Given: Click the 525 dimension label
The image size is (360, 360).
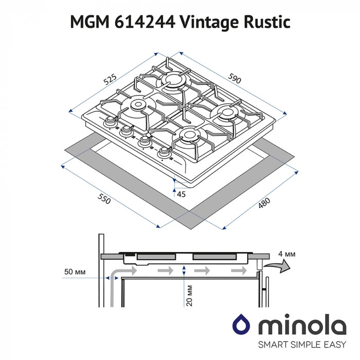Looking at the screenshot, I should point(110,80).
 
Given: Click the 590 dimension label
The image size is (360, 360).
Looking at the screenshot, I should point(235,80).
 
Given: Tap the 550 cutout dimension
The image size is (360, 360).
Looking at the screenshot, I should point(103,201).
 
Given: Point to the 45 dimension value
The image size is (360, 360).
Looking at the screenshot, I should point(181,194).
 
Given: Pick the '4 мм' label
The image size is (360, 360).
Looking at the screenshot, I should point(289,254).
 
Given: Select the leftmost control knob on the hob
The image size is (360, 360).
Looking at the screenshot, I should point(110,122).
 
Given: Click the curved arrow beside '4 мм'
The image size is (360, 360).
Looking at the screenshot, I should point(278,265).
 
